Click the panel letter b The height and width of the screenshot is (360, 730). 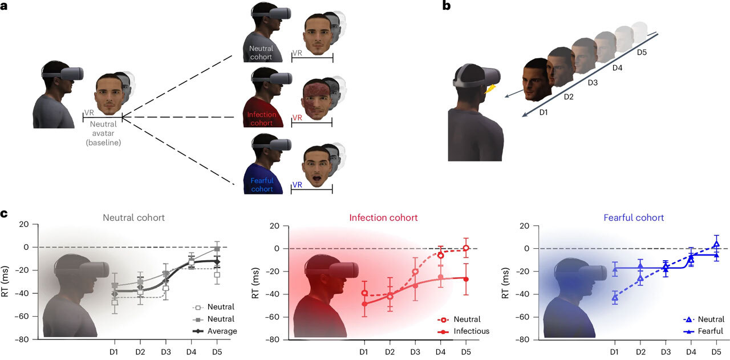(446, 7)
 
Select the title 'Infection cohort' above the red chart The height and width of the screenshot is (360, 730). (383, 217)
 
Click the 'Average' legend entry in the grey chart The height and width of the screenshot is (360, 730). (222, 331)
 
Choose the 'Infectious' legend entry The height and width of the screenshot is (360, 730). (471, 331)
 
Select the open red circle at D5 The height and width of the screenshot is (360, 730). (466, 248)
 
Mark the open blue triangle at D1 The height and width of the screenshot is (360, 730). (615, 297)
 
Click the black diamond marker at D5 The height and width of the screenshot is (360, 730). (216, 261)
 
